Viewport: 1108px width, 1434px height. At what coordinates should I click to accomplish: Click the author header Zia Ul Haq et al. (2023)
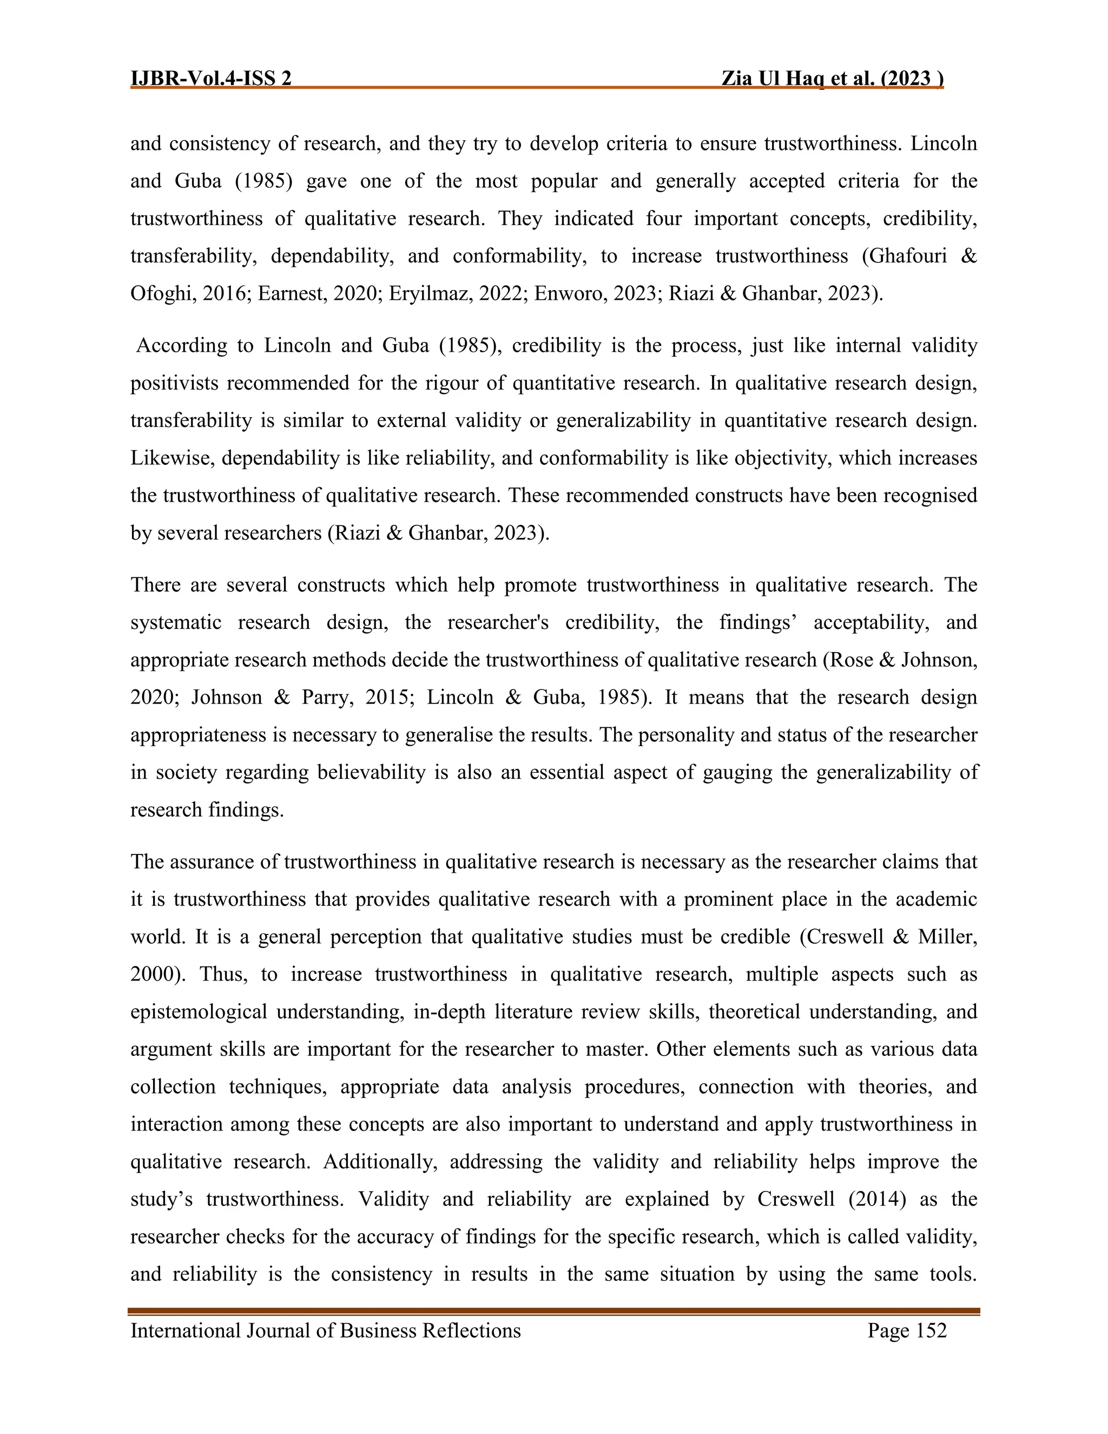point(832,79)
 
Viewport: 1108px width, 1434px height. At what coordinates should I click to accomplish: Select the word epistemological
point(198,1012)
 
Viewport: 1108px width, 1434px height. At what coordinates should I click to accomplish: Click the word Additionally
point(379,1162)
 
